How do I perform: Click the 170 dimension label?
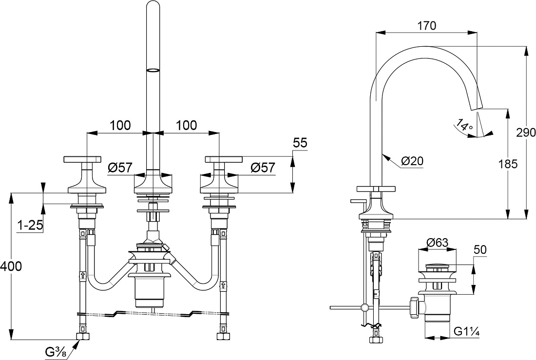(427, 26)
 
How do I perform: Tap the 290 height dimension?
(526, 133)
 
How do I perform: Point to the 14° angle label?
(464, 125)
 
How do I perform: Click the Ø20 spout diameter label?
(412, 161)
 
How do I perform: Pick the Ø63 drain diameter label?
(437, 243)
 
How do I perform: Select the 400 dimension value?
(11, 266)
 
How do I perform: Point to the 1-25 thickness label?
(30, 225)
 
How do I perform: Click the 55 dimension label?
(300, 143)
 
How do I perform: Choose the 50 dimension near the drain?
(480, 249)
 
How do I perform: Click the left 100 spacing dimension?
(120, 125)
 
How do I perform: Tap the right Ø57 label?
(263, 167)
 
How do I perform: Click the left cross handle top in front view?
(82, 159)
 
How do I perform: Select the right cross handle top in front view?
(224, 159)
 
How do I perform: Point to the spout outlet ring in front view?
(153, 70)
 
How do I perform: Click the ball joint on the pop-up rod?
(365, 308)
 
